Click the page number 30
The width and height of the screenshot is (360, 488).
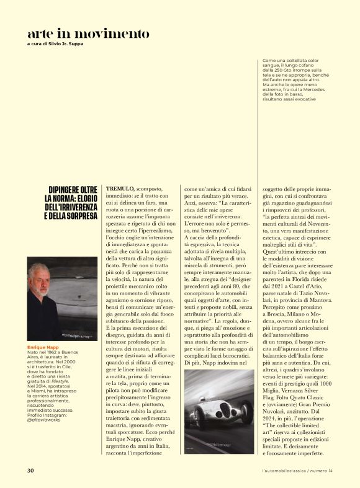[x=30, y=469]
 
